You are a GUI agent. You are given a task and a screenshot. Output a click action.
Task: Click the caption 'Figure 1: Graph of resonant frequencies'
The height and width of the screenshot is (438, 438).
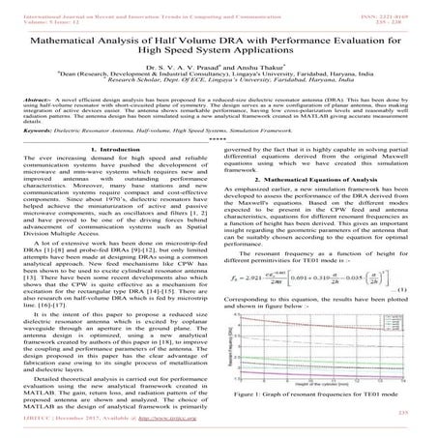pos(329,396)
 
